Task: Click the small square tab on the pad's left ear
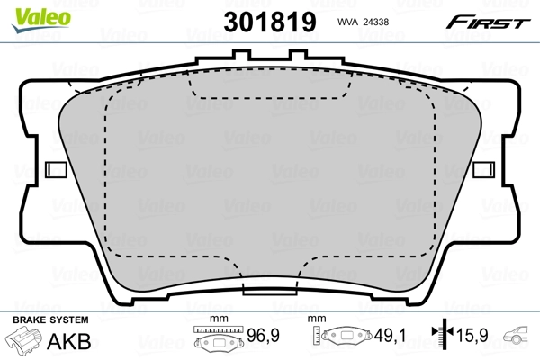click(x=55, y=168)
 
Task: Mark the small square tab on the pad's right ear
click(x=483, y=168)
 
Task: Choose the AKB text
click(x=63, y=341)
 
